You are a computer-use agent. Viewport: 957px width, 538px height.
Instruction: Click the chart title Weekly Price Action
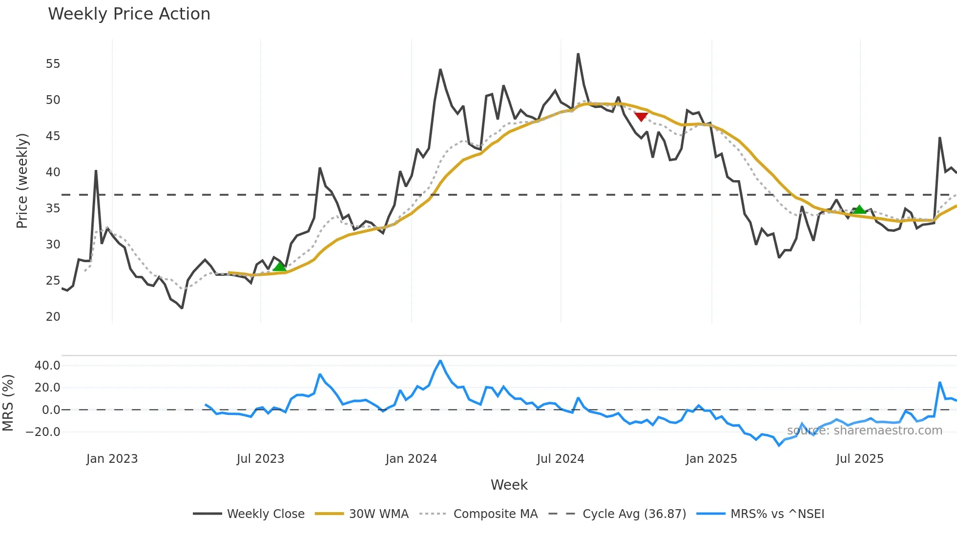point(129,14)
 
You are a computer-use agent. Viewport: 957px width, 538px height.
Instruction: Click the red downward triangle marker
point(641,117)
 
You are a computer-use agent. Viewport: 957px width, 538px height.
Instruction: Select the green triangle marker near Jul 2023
point(279,267)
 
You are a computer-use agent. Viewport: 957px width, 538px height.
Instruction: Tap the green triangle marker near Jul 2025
point(859,209)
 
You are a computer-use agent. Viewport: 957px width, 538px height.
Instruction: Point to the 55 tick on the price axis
point(53,64)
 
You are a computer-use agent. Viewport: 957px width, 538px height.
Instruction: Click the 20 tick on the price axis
point(53,317)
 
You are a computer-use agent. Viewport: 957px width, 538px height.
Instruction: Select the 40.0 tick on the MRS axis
point(47,366)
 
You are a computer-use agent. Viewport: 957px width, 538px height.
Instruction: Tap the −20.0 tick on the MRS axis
point(43,432)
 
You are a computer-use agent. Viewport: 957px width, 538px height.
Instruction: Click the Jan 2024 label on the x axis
point(411,459)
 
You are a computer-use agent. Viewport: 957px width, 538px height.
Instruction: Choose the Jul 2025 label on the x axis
point(859,459)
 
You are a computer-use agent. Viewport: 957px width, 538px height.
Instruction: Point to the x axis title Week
point(509,485)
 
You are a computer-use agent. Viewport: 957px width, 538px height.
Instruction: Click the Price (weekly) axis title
point(22,181)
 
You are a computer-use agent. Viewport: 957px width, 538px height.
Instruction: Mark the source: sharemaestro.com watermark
point(864,431)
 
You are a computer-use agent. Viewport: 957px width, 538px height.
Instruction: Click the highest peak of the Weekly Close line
point(578,54)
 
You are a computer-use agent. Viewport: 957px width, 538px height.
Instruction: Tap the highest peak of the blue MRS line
point(440,361)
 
